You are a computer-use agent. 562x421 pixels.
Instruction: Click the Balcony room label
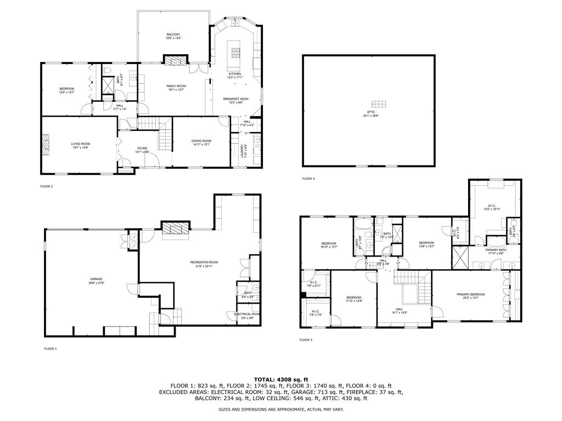(173, 36)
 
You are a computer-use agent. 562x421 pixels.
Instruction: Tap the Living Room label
(80, 145)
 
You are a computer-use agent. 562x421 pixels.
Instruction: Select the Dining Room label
(201, 143)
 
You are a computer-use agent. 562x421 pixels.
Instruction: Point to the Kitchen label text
(235, 75)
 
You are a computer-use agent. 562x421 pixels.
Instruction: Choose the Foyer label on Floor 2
(142, 150)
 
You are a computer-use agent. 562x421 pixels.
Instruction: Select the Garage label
(97, 281)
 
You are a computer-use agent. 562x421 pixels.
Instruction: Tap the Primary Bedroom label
(470, 296)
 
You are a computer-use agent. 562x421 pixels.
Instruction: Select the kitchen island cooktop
(236, 53)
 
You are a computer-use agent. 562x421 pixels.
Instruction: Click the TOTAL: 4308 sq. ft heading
(281, 379)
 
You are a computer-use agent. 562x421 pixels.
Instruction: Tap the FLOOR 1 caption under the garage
(50, 349)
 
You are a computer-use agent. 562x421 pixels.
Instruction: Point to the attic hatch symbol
(379, 104)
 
